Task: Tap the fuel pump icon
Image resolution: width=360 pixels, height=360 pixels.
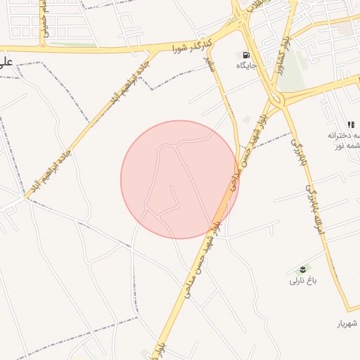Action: coord(245,55)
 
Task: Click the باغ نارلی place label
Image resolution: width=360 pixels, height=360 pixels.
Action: coord(304,281)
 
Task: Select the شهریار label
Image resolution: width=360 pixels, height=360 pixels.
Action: coord(347,323)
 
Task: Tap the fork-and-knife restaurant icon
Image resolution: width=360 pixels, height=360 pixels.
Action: coord(351,124)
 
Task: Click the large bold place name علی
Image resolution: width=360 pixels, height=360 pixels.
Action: coord(6,61)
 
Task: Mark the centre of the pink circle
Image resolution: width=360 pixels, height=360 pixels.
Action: coord(180,180)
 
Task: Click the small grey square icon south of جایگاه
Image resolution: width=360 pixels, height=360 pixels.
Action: coord(246,120)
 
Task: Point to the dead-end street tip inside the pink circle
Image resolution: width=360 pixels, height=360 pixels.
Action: coord(172,187)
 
